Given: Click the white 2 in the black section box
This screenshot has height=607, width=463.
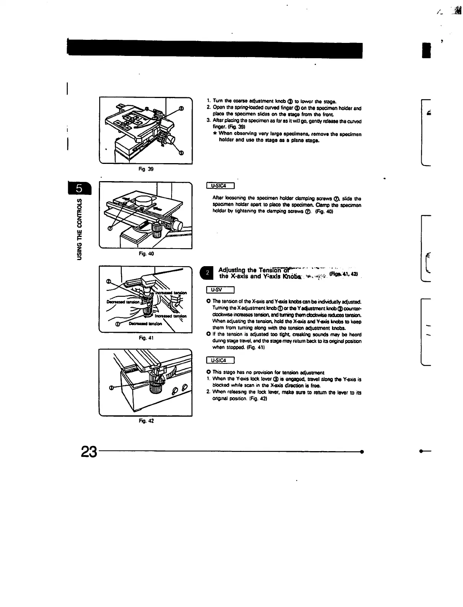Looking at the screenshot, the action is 207,273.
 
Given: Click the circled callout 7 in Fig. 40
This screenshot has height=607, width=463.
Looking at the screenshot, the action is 110,229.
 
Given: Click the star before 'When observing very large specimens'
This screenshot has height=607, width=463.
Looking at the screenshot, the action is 214,134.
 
